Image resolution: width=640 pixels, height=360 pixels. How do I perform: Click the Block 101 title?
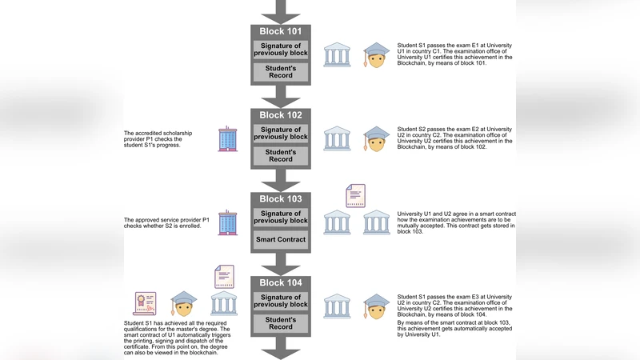280,32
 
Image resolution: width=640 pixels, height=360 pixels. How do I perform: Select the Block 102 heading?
280,115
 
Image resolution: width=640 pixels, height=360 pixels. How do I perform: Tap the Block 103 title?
280,199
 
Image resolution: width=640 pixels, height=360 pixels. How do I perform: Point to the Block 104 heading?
280,283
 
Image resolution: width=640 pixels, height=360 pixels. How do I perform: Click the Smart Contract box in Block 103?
280,239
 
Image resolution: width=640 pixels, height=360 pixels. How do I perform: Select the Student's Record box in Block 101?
280,72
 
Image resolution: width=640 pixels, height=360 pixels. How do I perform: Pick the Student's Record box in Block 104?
280,323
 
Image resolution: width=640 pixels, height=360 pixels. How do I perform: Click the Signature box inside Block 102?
280,134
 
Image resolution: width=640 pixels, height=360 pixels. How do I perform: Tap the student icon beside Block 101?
376,55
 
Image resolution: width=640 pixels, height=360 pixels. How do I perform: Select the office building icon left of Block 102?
228,138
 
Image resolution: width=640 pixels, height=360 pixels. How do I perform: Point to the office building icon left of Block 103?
228,222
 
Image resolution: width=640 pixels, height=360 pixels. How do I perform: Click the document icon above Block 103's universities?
355,195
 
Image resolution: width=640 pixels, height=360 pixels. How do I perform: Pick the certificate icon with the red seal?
146,304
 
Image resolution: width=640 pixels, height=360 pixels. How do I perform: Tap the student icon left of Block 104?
184,304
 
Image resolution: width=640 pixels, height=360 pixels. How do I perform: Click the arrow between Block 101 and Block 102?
280,96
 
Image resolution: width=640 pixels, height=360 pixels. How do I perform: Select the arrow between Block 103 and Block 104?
280,263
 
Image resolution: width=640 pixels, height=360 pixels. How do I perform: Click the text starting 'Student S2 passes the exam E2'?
455,140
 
